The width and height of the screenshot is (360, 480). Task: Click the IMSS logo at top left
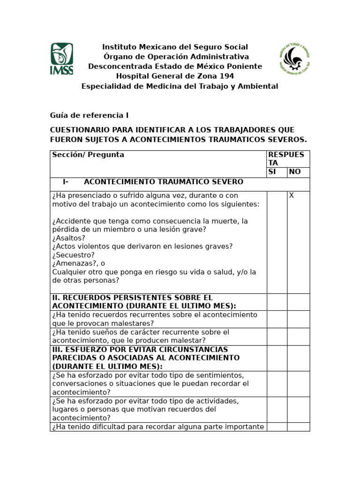[x=62, y=59]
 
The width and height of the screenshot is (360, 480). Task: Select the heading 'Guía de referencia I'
[x=89, y=115]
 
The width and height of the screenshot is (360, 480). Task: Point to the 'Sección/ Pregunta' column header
[x=88, y=155]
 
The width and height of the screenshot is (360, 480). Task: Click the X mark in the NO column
[x=291, y=195]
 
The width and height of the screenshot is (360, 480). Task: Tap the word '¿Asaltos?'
[x=69, y=238]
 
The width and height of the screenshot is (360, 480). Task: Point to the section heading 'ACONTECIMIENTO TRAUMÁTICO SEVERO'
[x=163, y=182]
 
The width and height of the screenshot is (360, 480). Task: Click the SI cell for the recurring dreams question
[x=277, y=337]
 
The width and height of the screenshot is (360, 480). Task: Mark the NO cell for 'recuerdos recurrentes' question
[x=298, y=319]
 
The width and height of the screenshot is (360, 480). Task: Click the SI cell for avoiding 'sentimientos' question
[x=277, y=384]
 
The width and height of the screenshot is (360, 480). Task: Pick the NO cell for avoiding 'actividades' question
[x=298, y=410]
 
